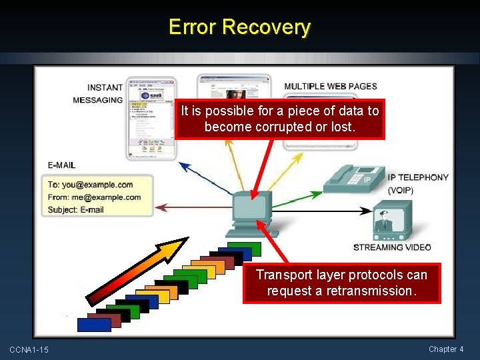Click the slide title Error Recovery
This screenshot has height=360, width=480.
pyautogui.click(x=239, y=27)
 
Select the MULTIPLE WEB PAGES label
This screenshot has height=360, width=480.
pyautogui.click(x=330, y=86)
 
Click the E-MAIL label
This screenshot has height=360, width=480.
pyautogui.click(x=61, y=165)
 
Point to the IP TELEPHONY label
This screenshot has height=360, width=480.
pyautogui.click(x=418, y=177)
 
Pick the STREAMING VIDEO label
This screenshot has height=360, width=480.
pyautogui.click(x=392, y=247)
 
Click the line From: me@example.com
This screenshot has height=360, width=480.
pyautogui.click(x=95, y=197)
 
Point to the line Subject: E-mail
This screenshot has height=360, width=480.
pyautogui.click(x=76, y=210)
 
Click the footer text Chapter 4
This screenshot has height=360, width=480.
pyautogui.click(x=446, y=349)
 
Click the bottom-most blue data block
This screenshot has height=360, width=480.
pyautogui.click(x=94, y=325)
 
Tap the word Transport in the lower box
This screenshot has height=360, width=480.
pyautogui.click(x=283, y=275)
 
